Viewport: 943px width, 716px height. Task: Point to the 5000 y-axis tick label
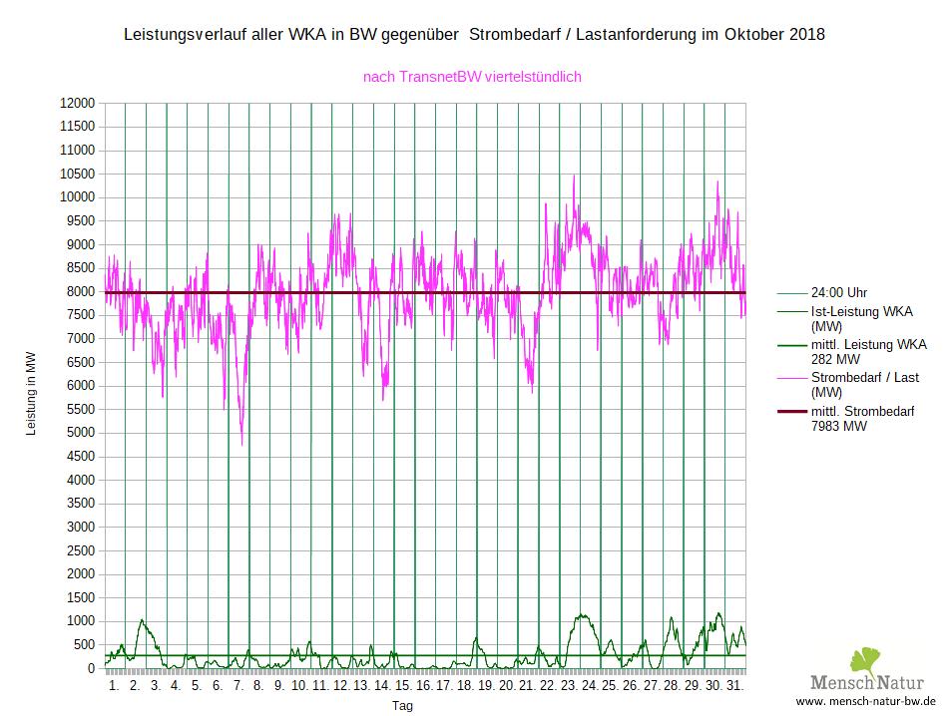coord(79,433)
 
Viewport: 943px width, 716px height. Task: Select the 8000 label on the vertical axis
coord(79,292)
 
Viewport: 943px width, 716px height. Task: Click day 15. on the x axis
coord(403,687)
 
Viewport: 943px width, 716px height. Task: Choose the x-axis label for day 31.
coord(734,687)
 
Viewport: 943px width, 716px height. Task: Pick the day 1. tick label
coord(114,687)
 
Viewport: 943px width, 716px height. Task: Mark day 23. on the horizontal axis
coord(569,687)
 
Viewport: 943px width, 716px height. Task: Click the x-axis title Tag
coord(402,705)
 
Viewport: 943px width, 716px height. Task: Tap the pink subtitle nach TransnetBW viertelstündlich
coord(472,76)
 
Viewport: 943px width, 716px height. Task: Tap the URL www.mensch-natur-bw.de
coord(865,702)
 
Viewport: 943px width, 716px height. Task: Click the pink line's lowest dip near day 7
coord(241,445)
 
